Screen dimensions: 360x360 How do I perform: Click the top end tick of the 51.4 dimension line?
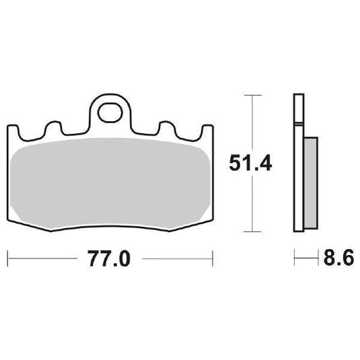pyautogui.click(x=250, y=96)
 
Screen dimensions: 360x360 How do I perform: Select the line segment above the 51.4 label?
pyautogui.click(x=250, y=121)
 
